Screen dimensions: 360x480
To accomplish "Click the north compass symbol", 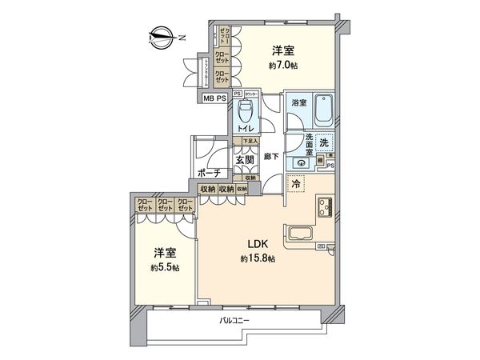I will click(163, 36).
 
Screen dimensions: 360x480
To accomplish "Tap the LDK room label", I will click(258, 246).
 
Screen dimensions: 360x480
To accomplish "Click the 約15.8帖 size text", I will click(258, 259).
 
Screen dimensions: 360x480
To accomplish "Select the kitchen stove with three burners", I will click(326, 211).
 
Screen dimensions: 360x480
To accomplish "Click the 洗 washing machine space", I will click(323, 142).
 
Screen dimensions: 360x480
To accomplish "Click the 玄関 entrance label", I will click(245, 159).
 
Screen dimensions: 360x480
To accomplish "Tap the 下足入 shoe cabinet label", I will click(240, 142).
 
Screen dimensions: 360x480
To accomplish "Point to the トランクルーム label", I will click(206, 72).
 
